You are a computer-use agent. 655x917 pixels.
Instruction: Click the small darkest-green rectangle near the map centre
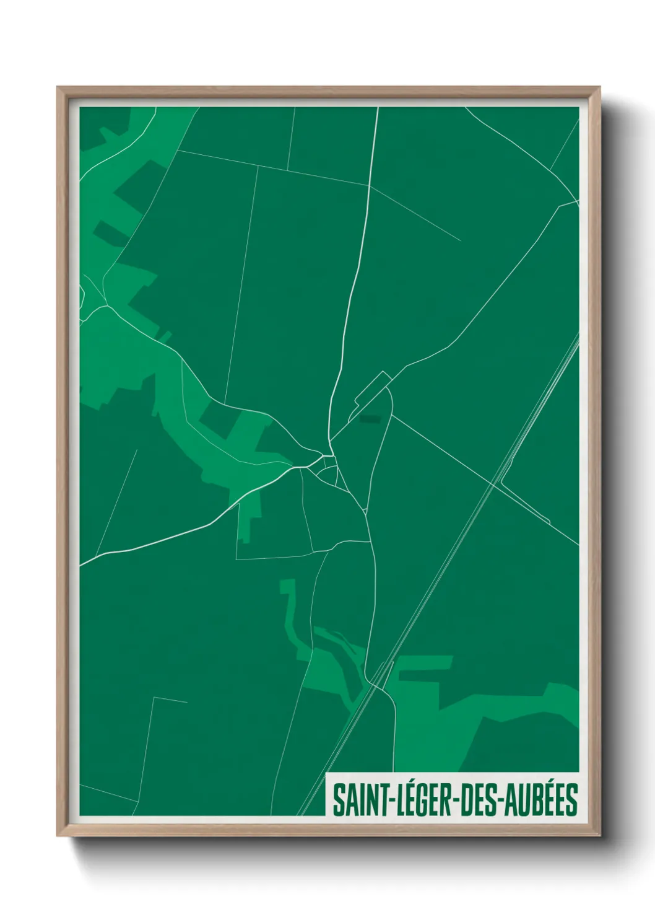(x=371, y=419)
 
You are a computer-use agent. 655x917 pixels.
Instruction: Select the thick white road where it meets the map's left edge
(x=81, y=564)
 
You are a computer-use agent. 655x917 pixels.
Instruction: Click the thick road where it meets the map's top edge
(x=377, y=108)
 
